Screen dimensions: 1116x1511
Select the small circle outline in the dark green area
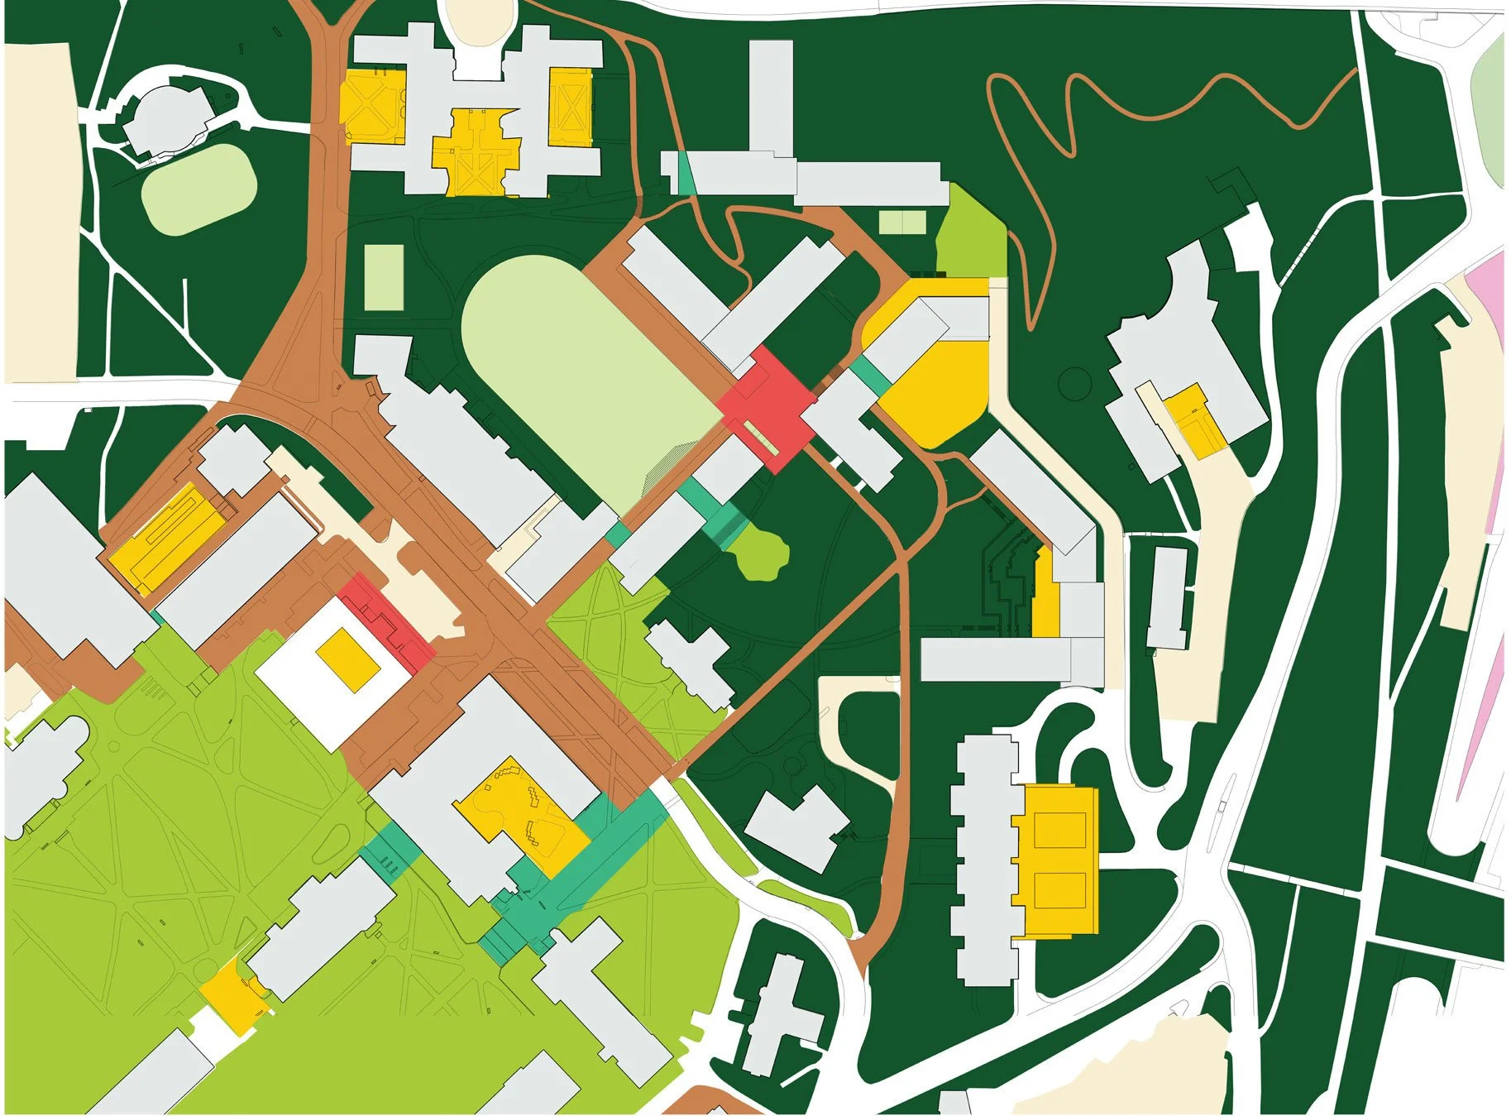[1075, 384]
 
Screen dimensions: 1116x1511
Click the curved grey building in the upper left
[165, 120]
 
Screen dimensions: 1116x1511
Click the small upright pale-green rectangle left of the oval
[384, 277]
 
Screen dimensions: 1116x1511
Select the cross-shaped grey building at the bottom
[777, 1013]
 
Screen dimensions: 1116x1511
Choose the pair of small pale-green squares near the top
[901, 223]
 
